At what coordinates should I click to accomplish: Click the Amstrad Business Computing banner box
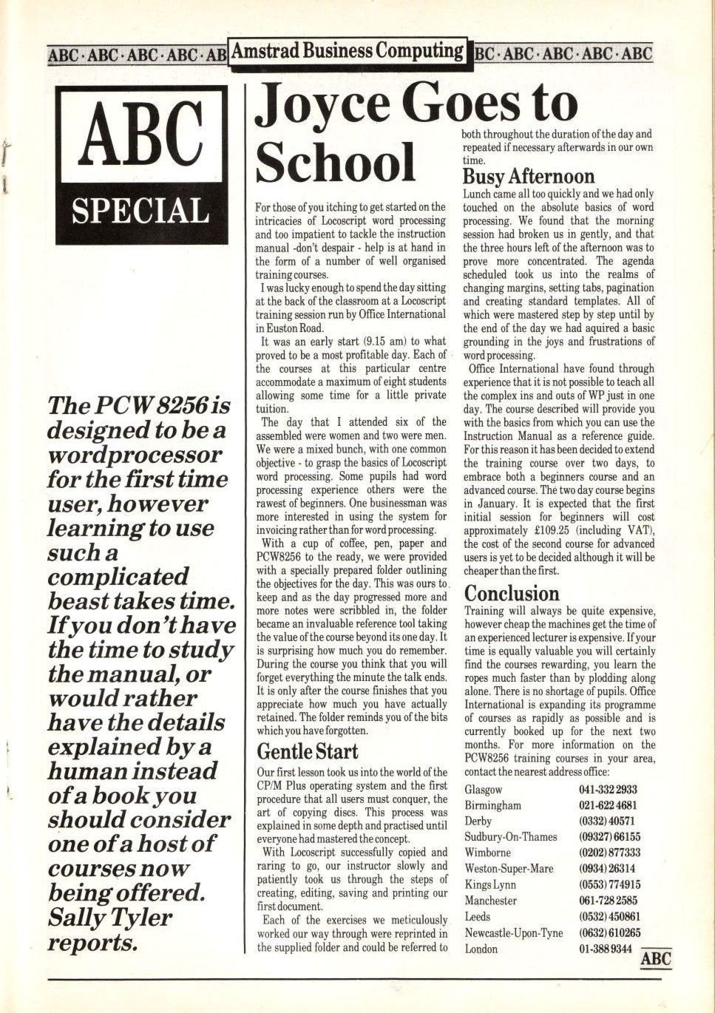click(x=348, y=52)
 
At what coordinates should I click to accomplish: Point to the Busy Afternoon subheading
click(x=528, y=177)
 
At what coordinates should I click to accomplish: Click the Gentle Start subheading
click(x=307, y=752)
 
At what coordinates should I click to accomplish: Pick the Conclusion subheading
click(x=512, y=594)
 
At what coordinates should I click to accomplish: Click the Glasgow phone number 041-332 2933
click(x=607, y=790)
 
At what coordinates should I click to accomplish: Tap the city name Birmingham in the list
click(x=492, y=805)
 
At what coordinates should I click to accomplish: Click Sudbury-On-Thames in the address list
click(x=510, y=837)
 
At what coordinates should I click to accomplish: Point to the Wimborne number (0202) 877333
click(x=609, y=853)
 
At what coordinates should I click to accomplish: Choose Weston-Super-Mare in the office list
click(x=509, y=869)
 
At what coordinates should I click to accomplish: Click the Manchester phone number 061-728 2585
click(x=607, y=901)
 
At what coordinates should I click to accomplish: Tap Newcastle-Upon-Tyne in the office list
click(x=513, y=933)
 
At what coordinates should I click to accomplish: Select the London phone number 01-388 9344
click(x=605, y=949)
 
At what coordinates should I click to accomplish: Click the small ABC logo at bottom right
click(x=655, y=959)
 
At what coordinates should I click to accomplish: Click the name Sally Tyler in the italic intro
click(x=109, y=918)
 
